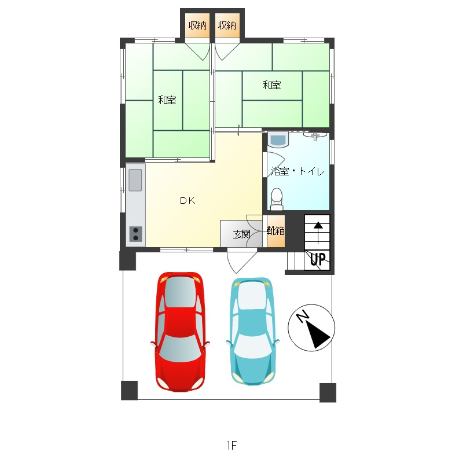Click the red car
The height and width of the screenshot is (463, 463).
tap(180, 332)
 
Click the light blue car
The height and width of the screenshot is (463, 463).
tap(252, 331)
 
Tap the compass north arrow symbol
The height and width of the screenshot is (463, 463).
tap(311, 328)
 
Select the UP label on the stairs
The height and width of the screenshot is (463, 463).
tap(318, 259)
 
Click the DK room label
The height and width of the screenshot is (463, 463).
tap(188, 201)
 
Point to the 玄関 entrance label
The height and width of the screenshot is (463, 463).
tap(241, 234)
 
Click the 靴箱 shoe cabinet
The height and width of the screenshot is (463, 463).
tap(276, 230)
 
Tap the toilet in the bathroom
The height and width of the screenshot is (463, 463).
tap(277, 199)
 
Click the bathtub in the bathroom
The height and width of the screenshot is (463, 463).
tap(278, 139)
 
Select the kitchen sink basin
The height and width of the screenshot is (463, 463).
tap(135, 180)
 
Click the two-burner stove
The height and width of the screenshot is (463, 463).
tap(135, 234)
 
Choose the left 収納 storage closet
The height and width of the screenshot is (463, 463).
tap(197, 25)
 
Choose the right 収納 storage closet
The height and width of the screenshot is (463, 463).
tap(227, 25)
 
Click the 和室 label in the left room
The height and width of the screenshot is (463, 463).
tap(167, 100)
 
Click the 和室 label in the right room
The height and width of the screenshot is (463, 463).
tap(271, 85)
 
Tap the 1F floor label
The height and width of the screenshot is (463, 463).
tap(232, 445)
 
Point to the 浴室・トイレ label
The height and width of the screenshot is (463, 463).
tap(297, 171)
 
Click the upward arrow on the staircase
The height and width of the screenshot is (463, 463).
tap(318, 233)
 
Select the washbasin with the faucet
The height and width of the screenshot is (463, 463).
tap(315, 135)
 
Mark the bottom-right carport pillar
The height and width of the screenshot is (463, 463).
tap(328, 393)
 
